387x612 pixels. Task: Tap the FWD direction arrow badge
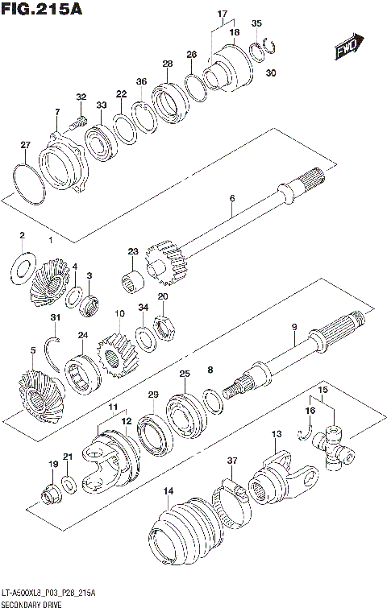(x=347, y=51)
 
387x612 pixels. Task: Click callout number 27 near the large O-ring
(x=25, y=146)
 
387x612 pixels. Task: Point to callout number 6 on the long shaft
(x=231, y=198)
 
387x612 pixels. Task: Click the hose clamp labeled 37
(x=227, y=492)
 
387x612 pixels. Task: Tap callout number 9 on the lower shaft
(x=317, y=327)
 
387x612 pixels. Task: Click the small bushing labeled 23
(x=133, y=282)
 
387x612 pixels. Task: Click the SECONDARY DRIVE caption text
(x=38, y=603)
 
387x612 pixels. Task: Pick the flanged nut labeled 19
(x=48, y=493)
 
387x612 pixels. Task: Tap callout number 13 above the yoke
(x=276, y=435)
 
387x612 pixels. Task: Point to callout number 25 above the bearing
(x=185, y=374)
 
